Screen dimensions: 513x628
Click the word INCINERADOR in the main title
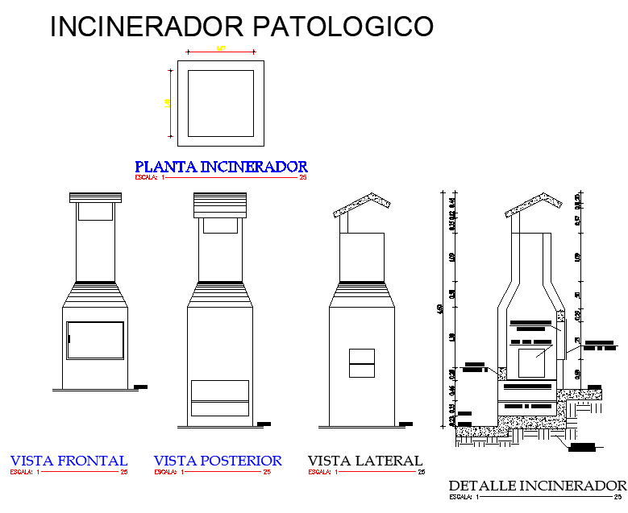tap(148, 27)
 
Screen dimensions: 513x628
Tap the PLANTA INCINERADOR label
tap(221, 167)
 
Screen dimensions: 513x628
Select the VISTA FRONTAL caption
tap(69, 461)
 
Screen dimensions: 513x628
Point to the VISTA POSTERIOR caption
tap(218, 461)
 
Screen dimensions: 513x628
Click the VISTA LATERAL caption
tap(364, 461)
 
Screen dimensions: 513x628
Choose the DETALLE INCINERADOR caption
tap(537, 486)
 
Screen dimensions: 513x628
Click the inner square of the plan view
tap(221, 103)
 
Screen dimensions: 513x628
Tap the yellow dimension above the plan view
tap(221, 50)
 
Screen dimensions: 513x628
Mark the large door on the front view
tap(95, 341)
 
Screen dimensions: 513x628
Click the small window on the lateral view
tap(362, 362)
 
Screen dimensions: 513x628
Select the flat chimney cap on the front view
tap(95, 197)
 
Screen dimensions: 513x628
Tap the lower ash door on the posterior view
tap(220, 398)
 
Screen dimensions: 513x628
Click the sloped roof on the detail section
tap(531, 204)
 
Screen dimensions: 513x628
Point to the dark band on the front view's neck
tap(95, 281)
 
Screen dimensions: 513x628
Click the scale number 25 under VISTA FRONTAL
tap(124, 472)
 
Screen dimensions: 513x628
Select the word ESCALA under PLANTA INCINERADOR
tap(145, 176)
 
